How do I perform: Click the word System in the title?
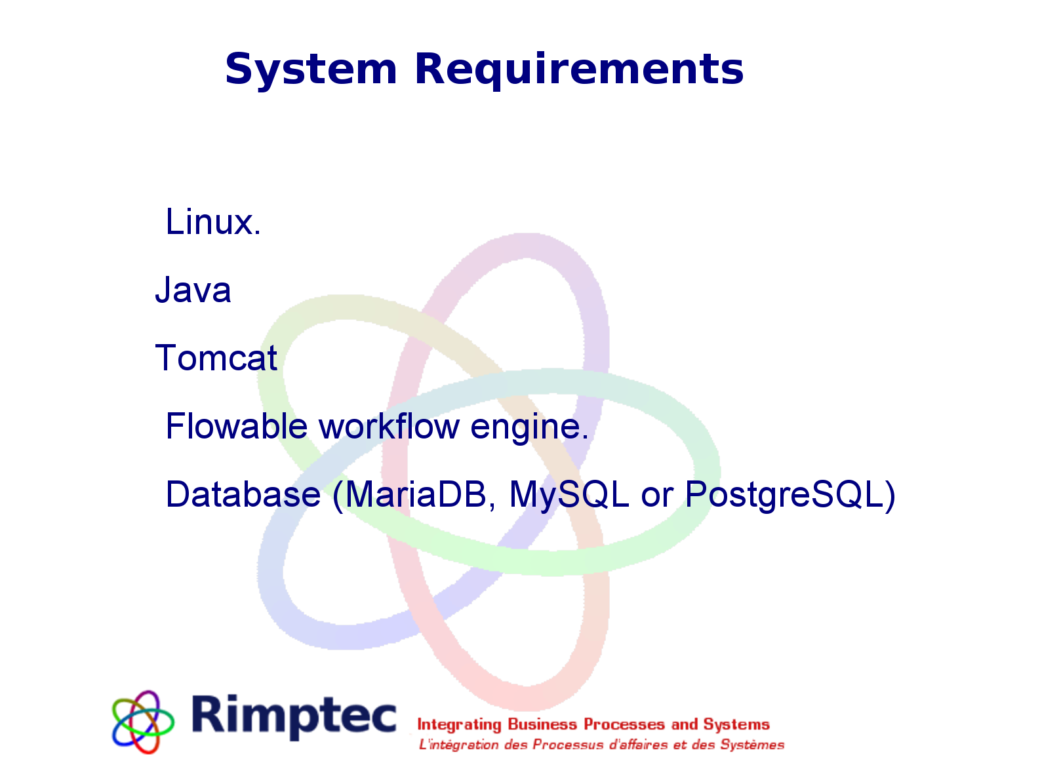click(x=311, y=70)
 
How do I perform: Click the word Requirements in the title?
click(x=579, y=70)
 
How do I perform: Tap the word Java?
click(x=193, y=289)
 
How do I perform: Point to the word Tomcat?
click(x=216, y=358)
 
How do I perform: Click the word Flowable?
click(x=237, y=426)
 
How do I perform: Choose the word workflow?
click(x=389, y=426)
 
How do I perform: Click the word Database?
click(x=243, y=494)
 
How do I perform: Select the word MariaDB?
click(x=415, y=494)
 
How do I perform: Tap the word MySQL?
click(x=569, y=495)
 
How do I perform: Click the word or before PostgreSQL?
click(x=657, y=497)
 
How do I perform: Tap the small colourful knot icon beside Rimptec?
click(x=142, y=722)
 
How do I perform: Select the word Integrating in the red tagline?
click(x=459, y=725)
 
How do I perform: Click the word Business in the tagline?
click(x=542, y=724)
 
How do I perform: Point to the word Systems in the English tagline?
click(x=736, y=724)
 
